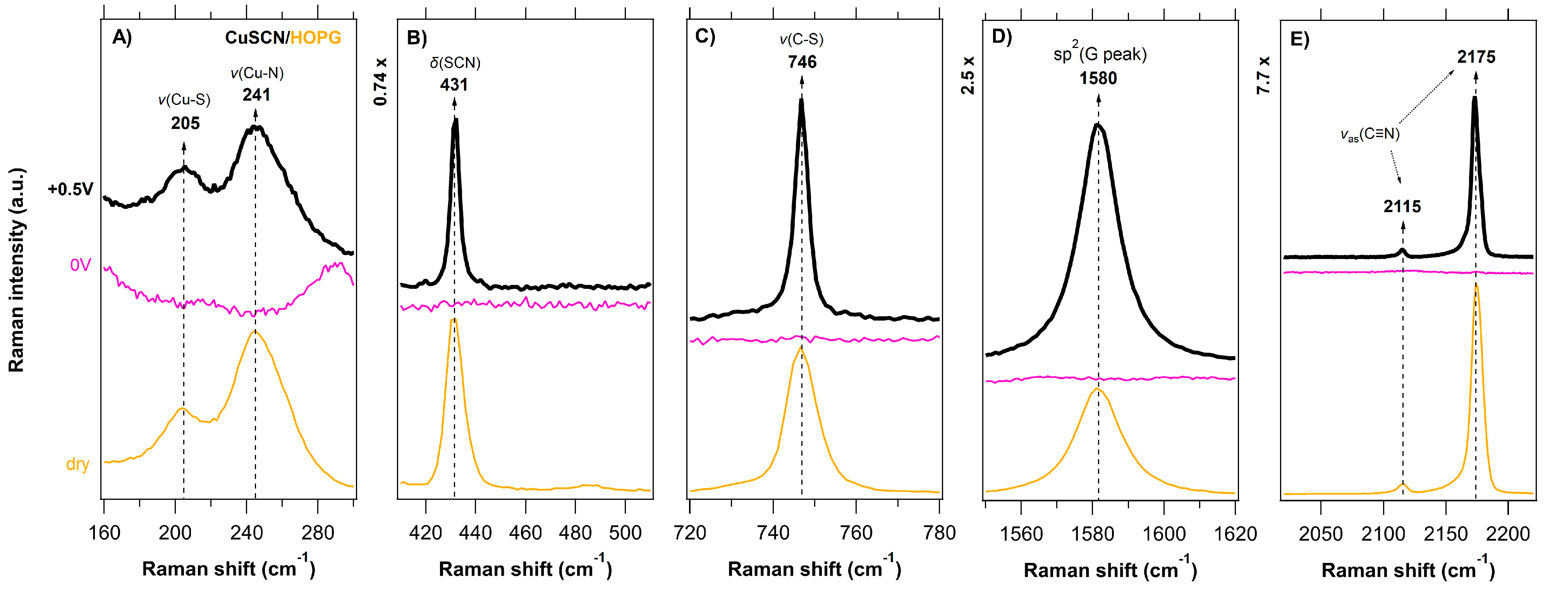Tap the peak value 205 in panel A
pyautogui.click(x=185, y=123)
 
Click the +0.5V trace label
pyautogui.click(x=71, y=189)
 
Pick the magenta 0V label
pyautogui.click(x=81, y=265)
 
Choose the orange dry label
pyautogui.click(x=77, y=464)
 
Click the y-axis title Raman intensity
pyautogui.click(x=17, y=271)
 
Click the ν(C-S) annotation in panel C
pyautogui.click(x=801, y=40)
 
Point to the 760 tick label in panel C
pyautogui.click(x=856, y=533)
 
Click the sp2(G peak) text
pyautogui.click(x=1100, y=54)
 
